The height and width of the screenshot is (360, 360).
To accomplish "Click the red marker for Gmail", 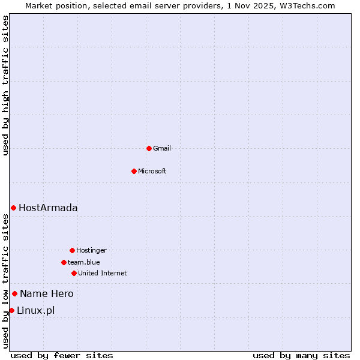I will pos(149,148).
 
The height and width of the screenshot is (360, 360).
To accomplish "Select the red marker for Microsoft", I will pos(134,171).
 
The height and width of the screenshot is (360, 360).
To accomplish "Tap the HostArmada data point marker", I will pos(13,208).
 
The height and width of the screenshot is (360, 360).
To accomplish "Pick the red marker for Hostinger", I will pos(72,250).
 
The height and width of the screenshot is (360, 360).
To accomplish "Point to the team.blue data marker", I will pos(64,262).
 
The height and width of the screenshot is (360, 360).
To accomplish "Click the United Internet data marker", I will pos(74,273).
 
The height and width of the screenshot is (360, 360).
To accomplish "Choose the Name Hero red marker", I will pos(14,293).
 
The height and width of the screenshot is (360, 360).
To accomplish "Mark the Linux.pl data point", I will pos(11,310).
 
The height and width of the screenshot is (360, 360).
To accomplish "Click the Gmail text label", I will pos(162,148).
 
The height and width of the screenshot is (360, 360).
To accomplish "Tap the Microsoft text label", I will pos(152,171).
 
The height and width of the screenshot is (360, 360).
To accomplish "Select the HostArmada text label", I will pos(48,208).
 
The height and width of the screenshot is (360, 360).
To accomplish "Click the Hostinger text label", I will pos(91,250).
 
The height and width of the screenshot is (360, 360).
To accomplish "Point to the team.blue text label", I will pos(84,262).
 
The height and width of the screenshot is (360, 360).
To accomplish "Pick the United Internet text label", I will pos(103,273).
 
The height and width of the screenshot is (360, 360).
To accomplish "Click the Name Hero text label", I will pos(47,293).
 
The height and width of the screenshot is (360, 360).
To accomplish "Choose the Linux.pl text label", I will pos(35,310).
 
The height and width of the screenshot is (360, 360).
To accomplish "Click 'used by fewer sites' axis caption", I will pos(62,355).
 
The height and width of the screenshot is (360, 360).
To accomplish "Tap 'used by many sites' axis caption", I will pos(301,355).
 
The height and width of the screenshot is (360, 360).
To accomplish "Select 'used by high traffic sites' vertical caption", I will pos(5,85).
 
